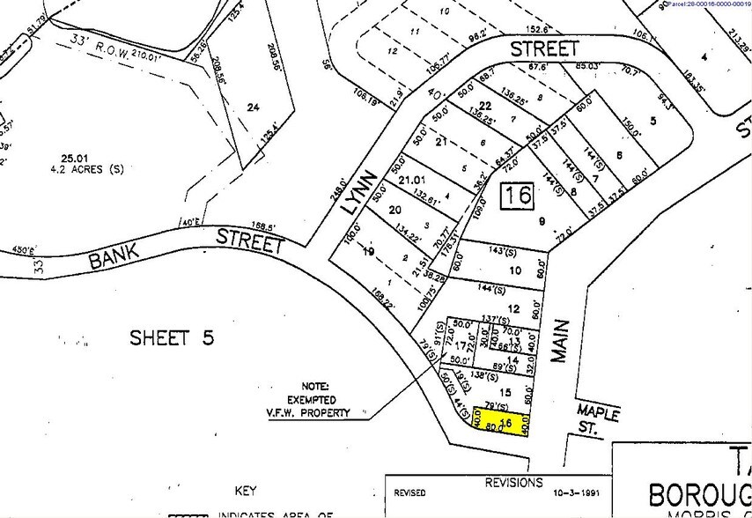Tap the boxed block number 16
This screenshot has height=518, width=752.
517,195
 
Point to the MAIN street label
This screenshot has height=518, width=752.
561,340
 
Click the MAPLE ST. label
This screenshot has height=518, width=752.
598,419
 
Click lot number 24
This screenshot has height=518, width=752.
254,107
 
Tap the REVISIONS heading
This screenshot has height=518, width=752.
514,483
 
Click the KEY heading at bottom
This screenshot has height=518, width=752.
245,491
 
